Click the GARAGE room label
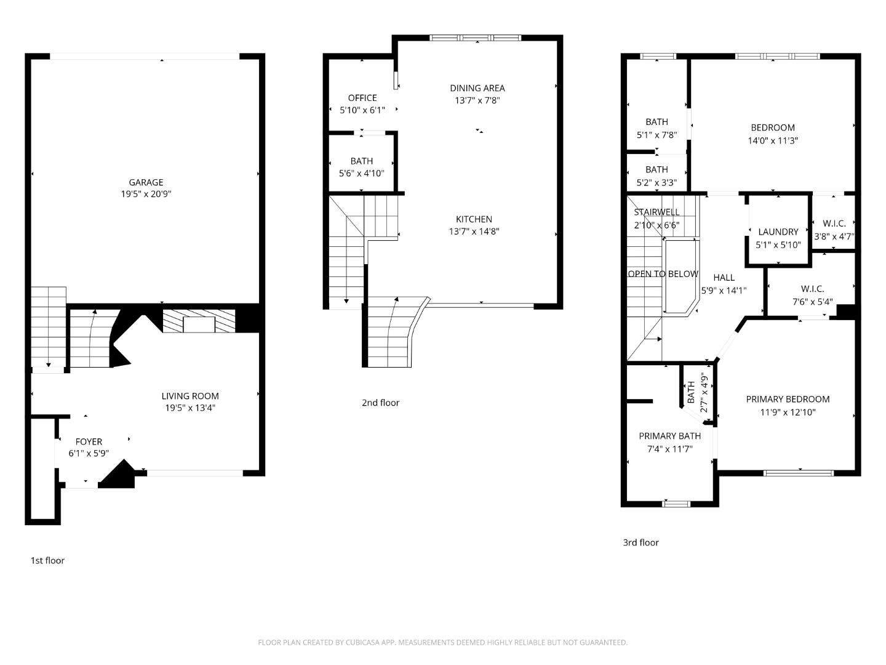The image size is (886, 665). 146,182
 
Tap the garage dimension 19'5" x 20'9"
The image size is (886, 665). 146,194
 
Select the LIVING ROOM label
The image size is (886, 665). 190,396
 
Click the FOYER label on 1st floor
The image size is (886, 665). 89,441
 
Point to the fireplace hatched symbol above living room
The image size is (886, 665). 199,321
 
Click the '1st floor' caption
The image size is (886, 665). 47,560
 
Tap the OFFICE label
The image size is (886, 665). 362,98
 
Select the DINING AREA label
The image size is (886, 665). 477,88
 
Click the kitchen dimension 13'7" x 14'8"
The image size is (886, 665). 474,232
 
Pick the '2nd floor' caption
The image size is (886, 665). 380,403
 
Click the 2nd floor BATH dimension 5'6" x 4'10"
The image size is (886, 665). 362,173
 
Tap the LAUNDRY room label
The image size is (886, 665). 778,232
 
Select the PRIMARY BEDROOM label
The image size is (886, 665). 788,399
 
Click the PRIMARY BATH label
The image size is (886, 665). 669,436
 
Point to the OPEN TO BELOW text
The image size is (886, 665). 663,274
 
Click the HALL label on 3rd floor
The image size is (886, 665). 724,278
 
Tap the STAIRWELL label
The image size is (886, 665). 657,212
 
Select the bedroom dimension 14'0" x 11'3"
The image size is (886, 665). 773,140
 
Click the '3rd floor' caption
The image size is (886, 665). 641,542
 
